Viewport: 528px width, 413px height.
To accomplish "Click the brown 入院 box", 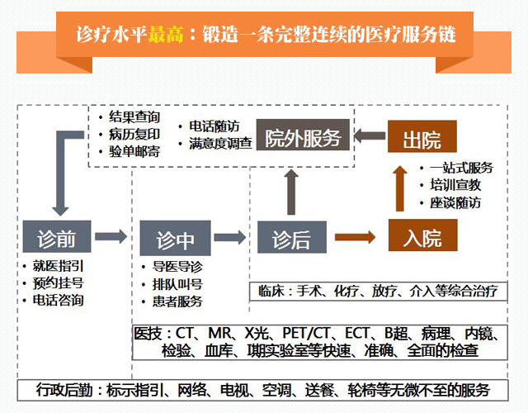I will (422, 237).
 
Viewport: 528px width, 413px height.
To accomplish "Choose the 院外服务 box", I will (303, 138).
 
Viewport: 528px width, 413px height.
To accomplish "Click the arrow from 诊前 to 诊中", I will (115, 238).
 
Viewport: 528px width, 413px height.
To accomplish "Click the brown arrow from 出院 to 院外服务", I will (370, 135).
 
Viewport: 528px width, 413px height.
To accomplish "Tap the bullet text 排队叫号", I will (177, 283).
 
